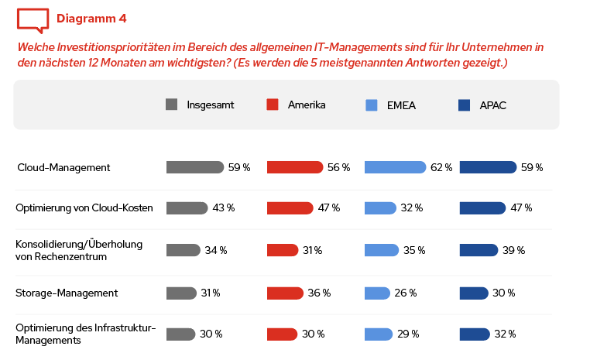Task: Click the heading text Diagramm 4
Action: click(x=91, y=18)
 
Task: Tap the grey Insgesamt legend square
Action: click(x=172, y=105)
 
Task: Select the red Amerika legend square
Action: click(x=272, y=105)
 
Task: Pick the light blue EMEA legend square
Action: click(x=371, y=105)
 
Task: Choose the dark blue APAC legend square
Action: click(x=465, y=105)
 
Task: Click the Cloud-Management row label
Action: click(x=63, y=167)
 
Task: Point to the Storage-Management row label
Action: click(x=67, y=293)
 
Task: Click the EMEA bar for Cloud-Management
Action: click(x=395, y=167)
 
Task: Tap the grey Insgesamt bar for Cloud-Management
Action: click(x=194, y=167)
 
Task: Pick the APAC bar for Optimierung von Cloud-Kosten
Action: click(x=482, y=207)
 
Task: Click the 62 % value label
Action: click(x=441, y=167)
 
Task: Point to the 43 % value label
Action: click(x=224, y=207)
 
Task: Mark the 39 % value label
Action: click(x=514, y=250)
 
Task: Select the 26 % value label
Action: click(x=406, y=293)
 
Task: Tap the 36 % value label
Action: click(x=320, y=293)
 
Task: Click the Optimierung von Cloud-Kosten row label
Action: click(x=84, y=207)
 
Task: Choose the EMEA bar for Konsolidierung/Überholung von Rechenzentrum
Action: click(x=382, y=250)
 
